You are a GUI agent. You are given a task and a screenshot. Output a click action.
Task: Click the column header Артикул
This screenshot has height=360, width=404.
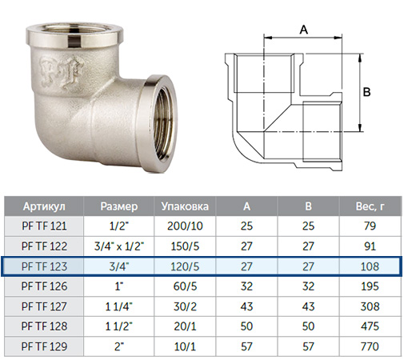(x=44, y=206)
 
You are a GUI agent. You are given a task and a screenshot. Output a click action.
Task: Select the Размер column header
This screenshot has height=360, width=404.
(x=119, y=206)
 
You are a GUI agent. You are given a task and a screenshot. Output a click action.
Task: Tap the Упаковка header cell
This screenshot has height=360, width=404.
(x=185, y=206)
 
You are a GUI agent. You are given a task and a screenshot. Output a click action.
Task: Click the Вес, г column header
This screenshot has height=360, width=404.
(x=370, y=206)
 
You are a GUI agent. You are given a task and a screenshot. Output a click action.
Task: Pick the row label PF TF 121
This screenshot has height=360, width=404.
(x=44, y=226)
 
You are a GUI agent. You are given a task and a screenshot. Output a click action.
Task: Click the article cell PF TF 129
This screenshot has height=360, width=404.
(x=44, y=346)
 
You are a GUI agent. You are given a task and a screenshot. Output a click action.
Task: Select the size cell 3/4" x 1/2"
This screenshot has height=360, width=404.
(x=119, y=246)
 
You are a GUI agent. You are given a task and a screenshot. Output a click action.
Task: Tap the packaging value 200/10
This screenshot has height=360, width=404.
(x=185, y=226)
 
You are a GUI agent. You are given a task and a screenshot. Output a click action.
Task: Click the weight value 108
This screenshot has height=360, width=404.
(x=370, y=266)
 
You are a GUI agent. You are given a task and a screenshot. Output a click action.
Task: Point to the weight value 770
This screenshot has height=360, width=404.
(x=370, y=346)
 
